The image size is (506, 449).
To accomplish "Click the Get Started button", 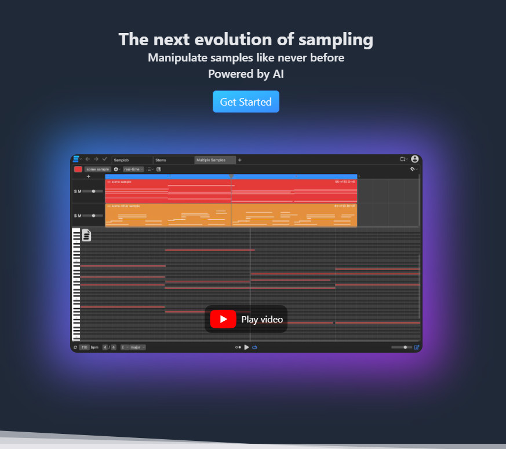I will pyautogui.click(x=246, y=102).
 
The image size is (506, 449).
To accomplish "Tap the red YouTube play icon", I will pyautogui.click(x=223, y=319).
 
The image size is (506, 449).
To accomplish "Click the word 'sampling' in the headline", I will pyautogui.click(x=336, y=39).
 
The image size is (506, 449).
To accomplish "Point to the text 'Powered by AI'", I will pyautogui.click(x=246, y=74).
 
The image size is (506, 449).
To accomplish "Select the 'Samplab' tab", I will pyautogui.click(x=121, y=160).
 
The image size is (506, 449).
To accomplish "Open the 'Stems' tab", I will pyautogui.click(x=161, y=160).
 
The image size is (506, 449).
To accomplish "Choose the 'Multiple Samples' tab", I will pyautogui.click(x=210, y=160).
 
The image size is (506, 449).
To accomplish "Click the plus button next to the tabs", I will pyautogui.click(x=240, y=160).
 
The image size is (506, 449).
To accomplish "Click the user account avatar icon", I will pyautogui.click(x=414, y=159).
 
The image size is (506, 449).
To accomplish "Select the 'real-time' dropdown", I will pyautogui.click(x=133, y=169).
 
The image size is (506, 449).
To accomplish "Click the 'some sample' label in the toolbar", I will pyautogui.click(x=97, y=169).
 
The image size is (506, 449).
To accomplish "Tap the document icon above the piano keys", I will pyautogui.click(x=86, y=235).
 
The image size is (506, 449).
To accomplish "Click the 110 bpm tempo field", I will pyautogui.click(x=85, y=347).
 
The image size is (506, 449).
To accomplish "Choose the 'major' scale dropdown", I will pyautogui.click(x=137, y=347).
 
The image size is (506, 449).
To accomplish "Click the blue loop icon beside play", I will pyautogui.click(x=254, y=347).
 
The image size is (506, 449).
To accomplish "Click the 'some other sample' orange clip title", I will pyautogui.click(x=126, y=206).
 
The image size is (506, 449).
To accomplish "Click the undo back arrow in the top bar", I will pyautogui.click(x=88, y=159).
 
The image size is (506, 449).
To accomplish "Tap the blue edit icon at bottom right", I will pyautogui.click(x=416, y=347).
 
